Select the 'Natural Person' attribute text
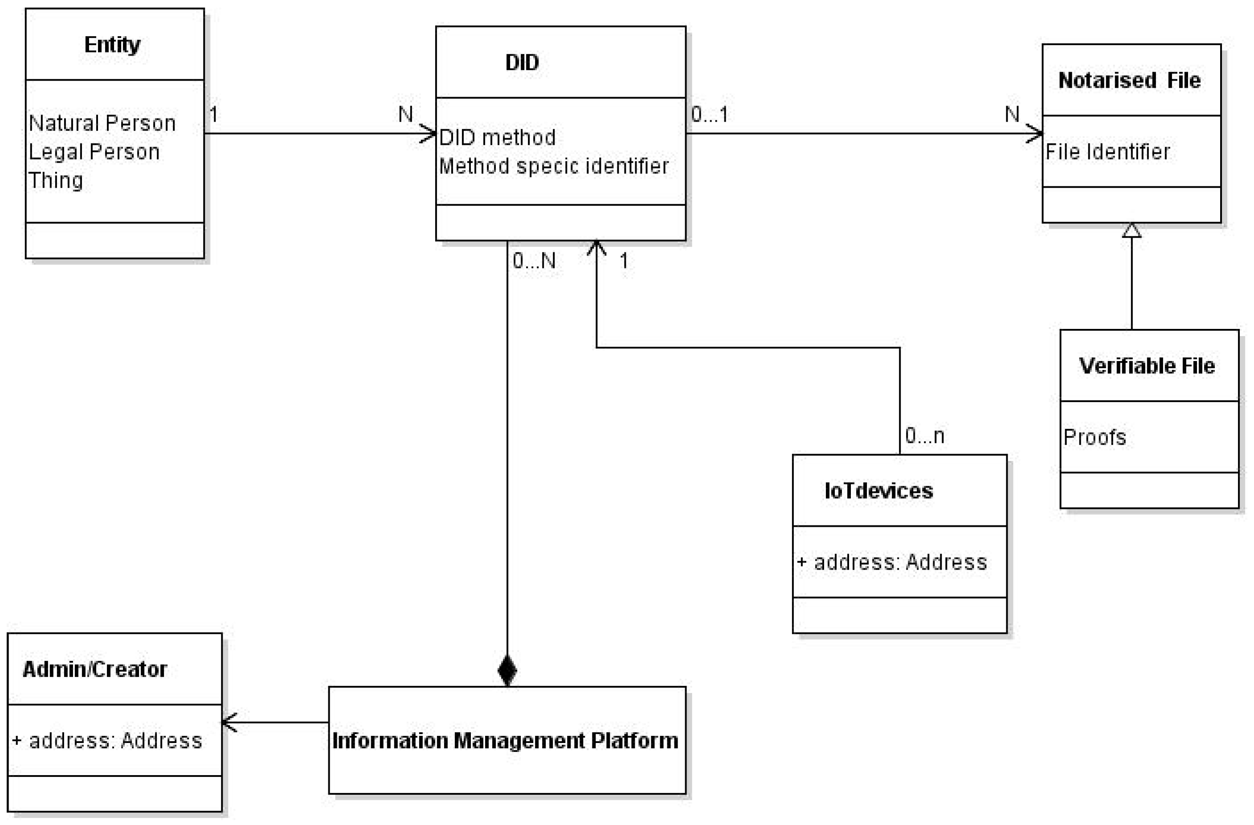point(102,123)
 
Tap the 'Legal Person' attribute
point(94,152)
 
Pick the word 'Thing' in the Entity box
point(56,180)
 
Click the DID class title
point(522,63)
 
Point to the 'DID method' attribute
point(497,138)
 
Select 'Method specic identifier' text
point(554,166)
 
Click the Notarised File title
point(1129,80)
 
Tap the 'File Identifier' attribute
point(1107,152)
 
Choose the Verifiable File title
point(1147,366)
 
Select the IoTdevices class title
point(878,491)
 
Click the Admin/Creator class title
point(95,669)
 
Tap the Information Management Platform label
point(505,741)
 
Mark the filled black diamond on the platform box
point(507,670)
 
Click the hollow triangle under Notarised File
point(1131,231)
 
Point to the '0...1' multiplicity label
point(710,115)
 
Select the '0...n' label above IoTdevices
point(925,435)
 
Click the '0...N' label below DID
point(534,260)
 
